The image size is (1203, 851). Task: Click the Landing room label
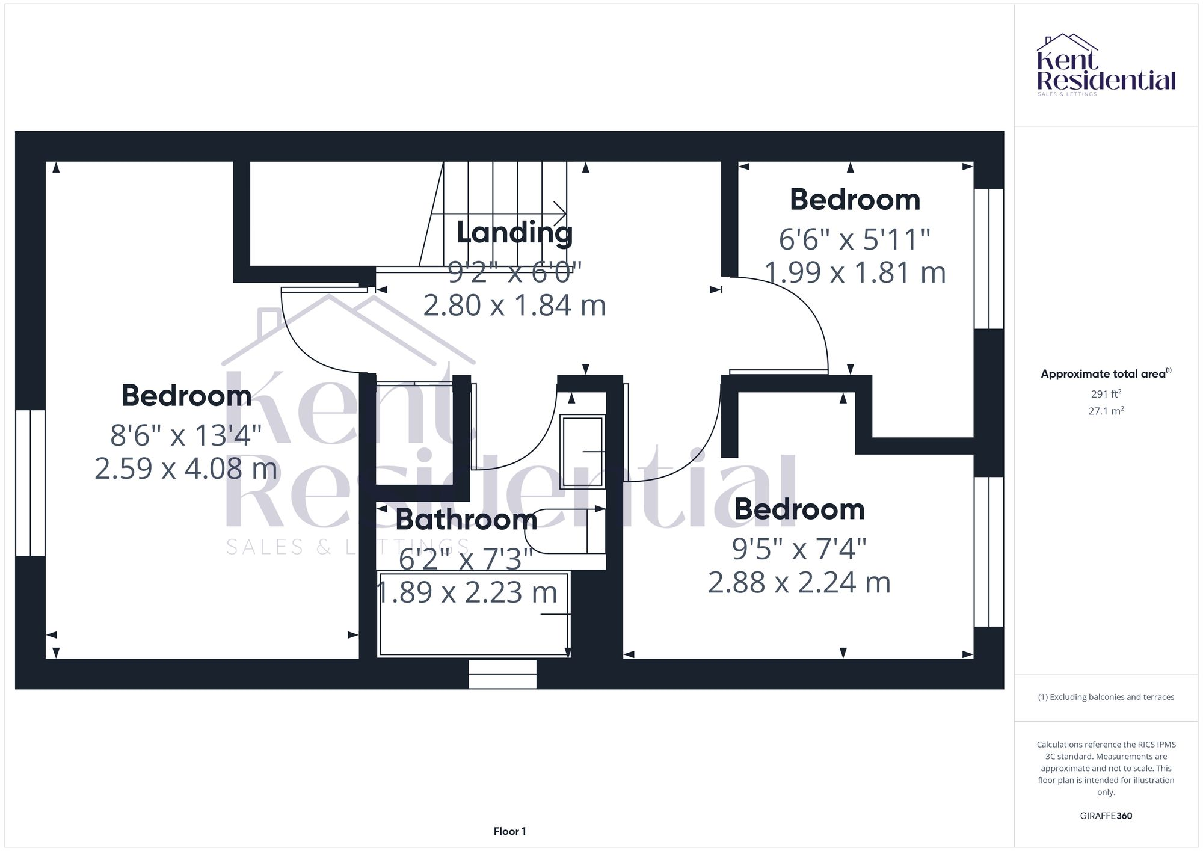(x=514, y=233)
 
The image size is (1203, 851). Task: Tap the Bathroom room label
(x=466, y=520)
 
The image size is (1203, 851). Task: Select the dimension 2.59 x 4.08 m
(x=186, y=469)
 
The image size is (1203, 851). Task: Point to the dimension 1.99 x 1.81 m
(x=855, y=272)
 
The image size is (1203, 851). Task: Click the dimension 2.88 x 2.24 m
(x=799, y=582)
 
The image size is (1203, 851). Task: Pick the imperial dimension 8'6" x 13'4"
(x=186, y=435)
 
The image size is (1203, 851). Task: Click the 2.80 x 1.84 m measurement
(x=514, y=306)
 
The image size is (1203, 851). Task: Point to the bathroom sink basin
(x=582, y=452)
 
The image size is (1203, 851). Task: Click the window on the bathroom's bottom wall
(x=502, y=674)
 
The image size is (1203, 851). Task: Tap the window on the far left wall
(x=30, y=482)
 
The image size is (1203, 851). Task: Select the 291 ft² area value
(x=1106, y=394)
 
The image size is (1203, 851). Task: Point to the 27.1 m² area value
(x=1106, y=411)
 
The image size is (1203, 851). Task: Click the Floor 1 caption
(x=509, y=831)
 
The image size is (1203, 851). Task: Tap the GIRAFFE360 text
(x=1106, y=816)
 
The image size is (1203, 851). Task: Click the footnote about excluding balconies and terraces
(x=1106, y=697)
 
